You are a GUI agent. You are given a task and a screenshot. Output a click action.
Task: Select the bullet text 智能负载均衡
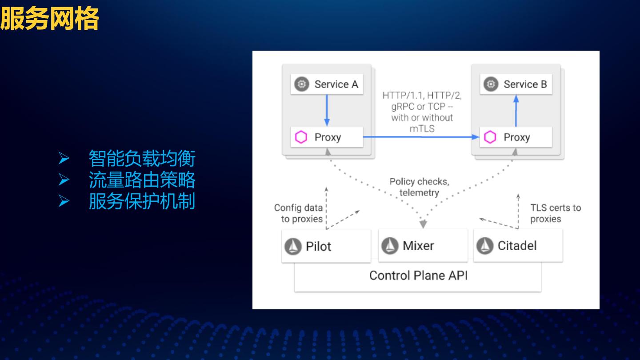click(142, 158)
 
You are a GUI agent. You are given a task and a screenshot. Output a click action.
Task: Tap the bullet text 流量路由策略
click(142, 180)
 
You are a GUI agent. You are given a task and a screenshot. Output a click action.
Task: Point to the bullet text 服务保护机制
click(142, 201)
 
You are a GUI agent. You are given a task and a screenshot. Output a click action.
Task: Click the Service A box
click(327, 84)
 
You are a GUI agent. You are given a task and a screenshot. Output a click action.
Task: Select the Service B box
click(516, 84)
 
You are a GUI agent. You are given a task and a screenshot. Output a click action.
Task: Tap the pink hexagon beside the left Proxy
click(301, 137)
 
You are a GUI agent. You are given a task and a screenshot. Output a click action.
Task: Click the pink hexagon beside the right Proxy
click(490, 137)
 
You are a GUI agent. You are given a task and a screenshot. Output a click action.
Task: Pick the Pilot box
click(326, 246)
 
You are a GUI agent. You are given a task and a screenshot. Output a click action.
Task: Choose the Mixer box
click(423, 245)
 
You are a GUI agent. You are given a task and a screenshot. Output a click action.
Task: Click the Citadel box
click(518, 245)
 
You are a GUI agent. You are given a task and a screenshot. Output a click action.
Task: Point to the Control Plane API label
click(418, 276)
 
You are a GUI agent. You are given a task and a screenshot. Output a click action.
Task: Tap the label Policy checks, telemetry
click(419, 187)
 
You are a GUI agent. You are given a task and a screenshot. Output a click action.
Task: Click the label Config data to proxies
click(298, 213)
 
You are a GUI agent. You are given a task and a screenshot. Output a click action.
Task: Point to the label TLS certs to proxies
click(555, 213)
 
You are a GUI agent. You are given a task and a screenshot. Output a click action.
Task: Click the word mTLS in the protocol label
click(422, 129)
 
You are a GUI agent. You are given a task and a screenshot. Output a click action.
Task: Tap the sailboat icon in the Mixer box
click(390, 246)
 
